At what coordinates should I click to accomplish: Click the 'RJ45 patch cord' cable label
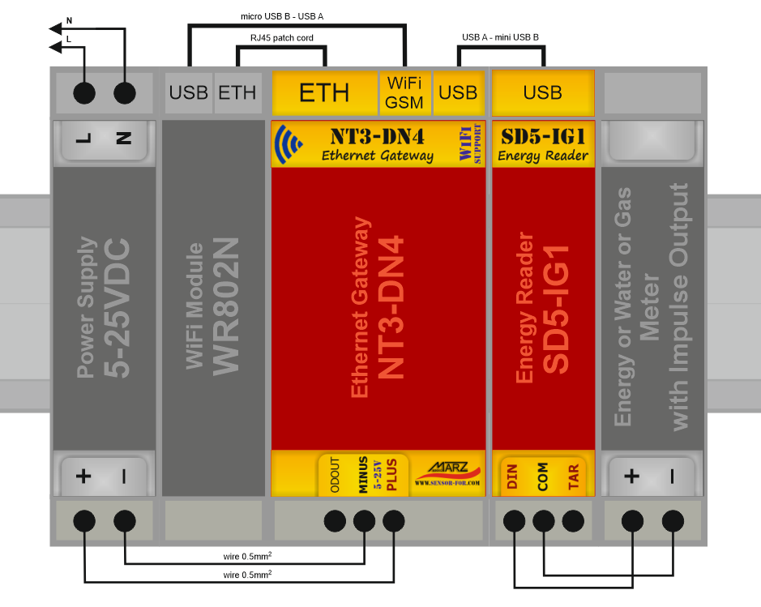pos(281,38)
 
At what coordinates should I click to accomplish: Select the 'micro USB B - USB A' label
pos(282,15)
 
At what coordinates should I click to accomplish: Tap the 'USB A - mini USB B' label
pos(500,37)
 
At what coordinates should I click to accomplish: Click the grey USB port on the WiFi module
pos(189,92)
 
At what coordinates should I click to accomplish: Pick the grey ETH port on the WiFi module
pos(237,92)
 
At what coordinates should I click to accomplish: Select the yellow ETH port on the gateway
pos(324,92)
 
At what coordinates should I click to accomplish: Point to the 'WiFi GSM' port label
pos(404,92)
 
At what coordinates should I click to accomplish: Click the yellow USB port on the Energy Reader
pos(542,92)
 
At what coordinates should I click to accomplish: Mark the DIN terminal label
pos(512,476)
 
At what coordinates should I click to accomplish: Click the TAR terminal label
pos(573,476)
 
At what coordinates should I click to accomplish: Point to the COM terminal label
pos(542,476)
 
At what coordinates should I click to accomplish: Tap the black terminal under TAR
pos(573,520)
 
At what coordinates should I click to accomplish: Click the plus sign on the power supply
pos(83,476)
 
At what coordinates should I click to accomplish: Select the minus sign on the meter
pos(672,477)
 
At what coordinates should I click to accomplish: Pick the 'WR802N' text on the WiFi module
pos(227,306)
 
